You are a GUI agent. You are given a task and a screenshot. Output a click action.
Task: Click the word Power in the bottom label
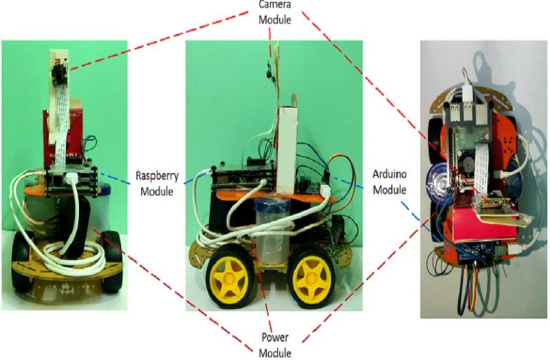coord(275,339)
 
